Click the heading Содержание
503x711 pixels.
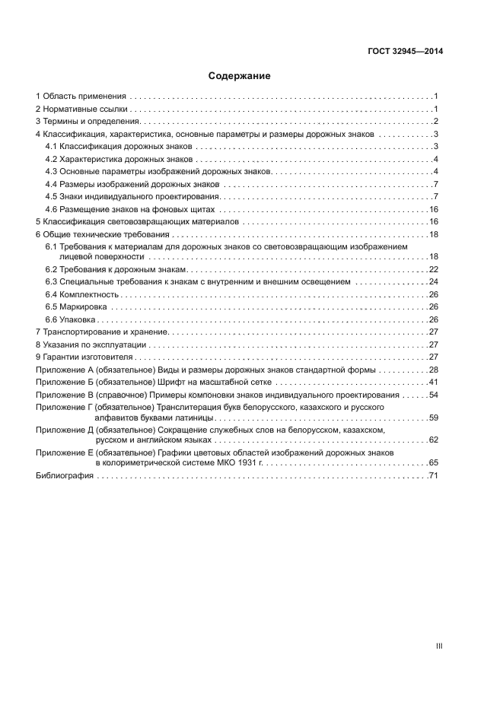[240, 76]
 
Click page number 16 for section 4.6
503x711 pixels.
[433, 209]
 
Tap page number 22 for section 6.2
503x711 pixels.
[433, 269]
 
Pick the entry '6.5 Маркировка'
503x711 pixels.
[76, 306]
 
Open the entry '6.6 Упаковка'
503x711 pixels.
[72, 319]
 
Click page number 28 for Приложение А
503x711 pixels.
[433, 370]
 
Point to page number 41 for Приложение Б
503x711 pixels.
[433, 382]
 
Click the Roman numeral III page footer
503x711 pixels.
[438, 646]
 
